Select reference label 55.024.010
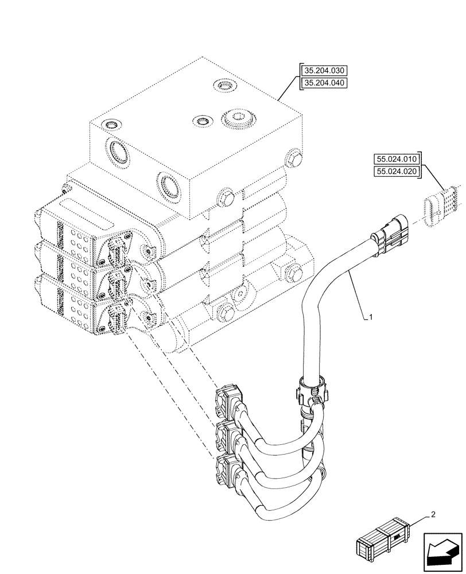397,159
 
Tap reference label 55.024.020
397,171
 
